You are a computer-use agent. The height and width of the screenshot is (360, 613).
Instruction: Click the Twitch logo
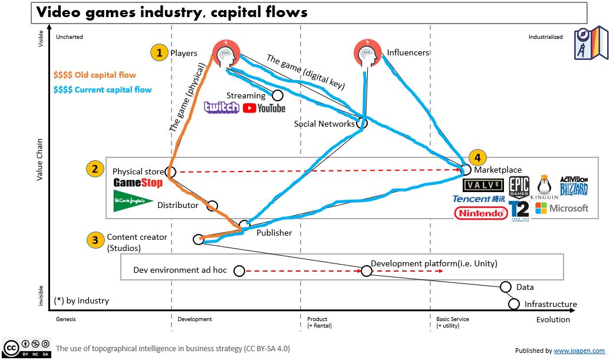221,107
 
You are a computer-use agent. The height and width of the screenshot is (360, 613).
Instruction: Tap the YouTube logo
263,108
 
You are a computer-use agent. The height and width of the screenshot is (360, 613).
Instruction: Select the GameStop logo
137,183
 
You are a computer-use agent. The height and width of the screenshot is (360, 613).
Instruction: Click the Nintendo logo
481,213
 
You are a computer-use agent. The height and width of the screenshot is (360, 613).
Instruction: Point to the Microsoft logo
561,208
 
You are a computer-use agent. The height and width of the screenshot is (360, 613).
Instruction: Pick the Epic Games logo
519,186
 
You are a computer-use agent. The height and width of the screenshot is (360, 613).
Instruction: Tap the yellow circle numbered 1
157,53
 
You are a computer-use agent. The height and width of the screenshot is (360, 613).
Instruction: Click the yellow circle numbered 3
94,240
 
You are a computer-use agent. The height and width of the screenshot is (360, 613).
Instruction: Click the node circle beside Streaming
277,95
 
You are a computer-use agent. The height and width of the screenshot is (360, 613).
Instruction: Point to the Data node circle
505,287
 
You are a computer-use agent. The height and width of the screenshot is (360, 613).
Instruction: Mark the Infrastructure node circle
514,304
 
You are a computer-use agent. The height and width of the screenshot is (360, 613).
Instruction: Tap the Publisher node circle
245,225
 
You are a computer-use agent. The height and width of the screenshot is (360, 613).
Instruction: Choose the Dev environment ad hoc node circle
239,271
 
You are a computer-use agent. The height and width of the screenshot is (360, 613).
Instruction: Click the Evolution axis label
553,319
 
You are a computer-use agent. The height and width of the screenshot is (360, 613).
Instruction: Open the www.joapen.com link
579,351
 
